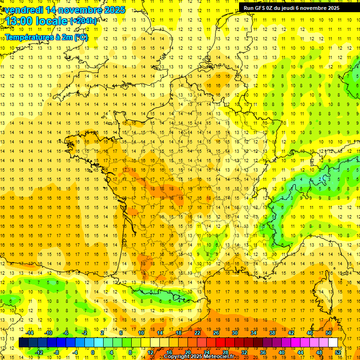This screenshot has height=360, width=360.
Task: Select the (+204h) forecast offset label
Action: pos(84,21)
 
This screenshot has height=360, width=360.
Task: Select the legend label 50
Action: pos(329,333)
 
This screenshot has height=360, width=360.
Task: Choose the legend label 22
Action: pos(197,333)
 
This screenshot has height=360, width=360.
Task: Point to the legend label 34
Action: pos(254,333)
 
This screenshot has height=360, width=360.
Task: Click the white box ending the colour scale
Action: pos(333,343)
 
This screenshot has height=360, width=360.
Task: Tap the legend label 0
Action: pos(92,352)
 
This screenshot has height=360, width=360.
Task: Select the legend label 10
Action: pos(141,333)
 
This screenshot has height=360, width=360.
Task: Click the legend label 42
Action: pos(291,333)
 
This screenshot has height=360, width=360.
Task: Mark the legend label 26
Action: pos(216,333)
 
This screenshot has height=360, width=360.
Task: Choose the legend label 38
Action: pos(272,333)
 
